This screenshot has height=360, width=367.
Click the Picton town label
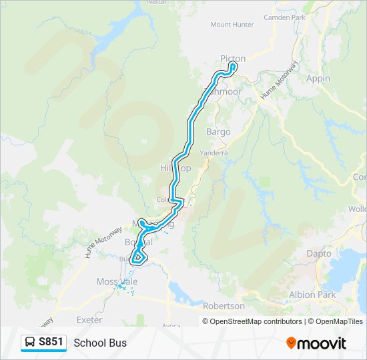[233, 59]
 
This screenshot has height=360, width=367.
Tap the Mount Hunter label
[232, 25]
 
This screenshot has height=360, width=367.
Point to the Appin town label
[318, 78]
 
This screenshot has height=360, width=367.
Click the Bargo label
[218, 132]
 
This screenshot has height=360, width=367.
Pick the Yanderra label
[214, 153]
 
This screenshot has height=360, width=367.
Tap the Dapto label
[318, 254]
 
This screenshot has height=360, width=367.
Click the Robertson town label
[224, 306]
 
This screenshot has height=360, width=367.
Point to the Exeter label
[89, 320]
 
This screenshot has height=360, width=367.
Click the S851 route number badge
[51, 342]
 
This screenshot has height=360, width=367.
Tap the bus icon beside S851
[30, 343]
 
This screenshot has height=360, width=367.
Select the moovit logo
[316, 343]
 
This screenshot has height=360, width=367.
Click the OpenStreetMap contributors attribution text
[252, 321]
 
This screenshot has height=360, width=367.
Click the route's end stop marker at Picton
[233, 66]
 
